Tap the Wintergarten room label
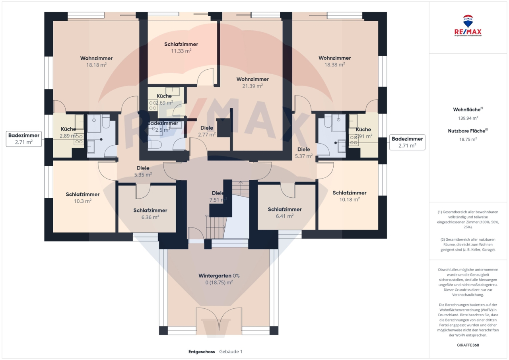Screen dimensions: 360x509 219,276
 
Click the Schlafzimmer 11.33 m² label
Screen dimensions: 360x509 181,47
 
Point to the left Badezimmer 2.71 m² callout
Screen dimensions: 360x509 24,139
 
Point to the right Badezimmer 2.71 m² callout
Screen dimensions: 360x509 408,142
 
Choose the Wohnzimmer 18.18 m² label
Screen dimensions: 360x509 96,61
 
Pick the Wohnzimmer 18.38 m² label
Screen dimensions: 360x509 334,61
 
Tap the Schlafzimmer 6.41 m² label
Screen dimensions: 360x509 284,212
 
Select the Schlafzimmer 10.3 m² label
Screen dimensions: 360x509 83,197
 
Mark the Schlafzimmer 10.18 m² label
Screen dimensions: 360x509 349,196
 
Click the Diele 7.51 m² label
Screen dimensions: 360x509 218,196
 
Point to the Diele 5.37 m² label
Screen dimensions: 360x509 304,153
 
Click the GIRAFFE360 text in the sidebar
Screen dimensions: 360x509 468,345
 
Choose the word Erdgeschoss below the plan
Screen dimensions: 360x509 202,352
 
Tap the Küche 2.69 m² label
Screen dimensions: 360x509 164,99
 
